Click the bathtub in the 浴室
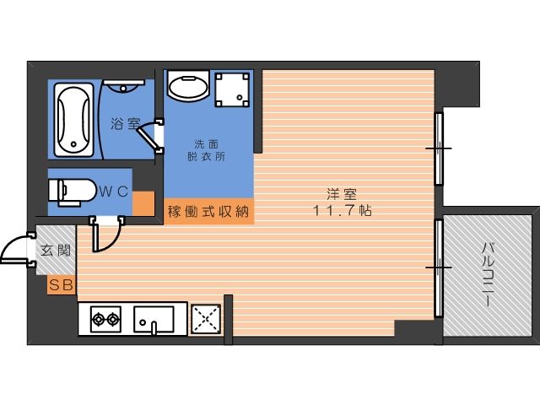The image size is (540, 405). pos(73,120)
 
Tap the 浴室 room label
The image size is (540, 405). pos(125,124)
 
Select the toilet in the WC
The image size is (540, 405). pos(72,192)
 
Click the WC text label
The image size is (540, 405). pos(114,192)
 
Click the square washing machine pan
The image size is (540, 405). pos(232,89)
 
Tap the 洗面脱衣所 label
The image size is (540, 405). pos(206,150)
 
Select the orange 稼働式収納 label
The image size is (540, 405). pos(208,212)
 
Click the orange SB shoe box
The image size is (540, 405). pos(62,285)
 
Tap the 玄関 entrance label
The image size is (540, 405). pos(56,251)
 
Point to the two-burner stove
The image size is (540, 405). pos(105,319)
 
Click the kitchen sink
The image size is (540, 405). pos(154,320)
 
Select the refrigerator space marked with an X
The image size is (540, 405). pos(206,319)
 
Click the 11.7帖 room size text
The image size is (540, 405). pos(342,210)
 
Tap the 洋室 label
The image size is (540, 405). pos(342,195)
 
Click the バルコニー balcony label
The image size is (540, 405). pos(488,274)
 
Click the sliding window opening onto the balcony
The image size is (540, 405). pos(439,268)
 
